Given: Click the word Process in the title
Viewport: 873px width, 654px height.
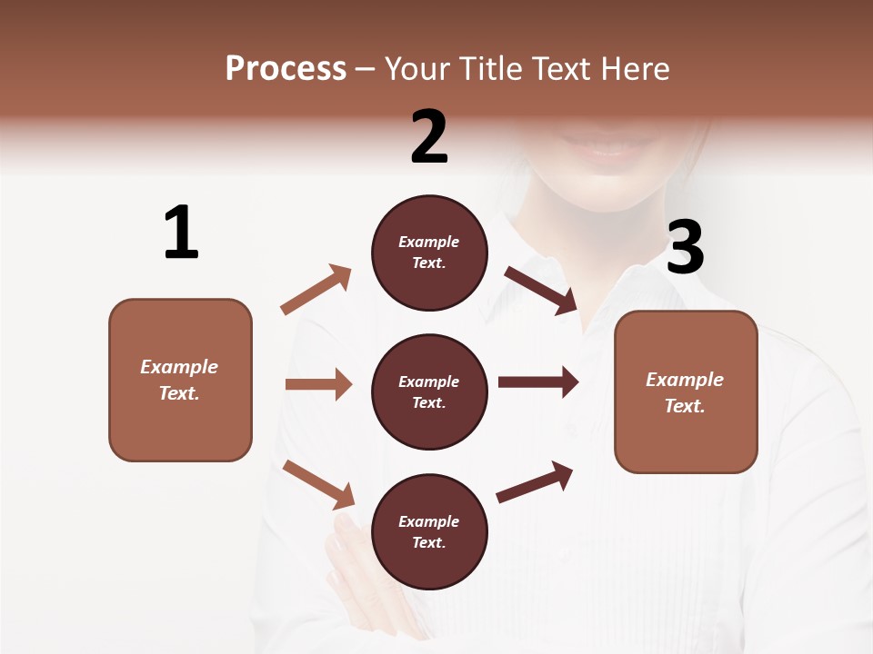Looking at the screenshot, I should click(x=286, y=69).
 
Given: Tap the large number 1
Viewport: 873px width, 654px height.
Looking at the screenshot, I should click(x=181, y=233).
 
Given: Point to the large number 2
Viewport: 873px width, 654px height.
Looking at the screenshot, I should click(x=429, y=136).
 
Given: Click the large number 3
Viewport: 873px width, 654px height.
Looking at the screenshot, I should click(x=685, y=247).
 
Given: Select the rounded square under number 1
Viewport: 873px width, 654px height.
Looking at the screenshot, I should click(x=180, y=380).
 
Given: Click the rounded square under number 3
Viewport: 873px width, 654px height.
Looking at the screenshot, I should click(x=686, y=391).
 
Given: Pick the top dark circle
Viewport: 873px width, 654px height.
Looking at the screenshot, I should click(x=429, y=253).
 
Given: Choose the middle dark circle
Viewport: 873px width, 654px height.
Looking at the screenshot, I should click(x=429, y=391).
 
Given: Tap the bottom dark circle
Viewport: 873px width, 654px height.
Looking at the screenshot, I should click(x=429, y=531).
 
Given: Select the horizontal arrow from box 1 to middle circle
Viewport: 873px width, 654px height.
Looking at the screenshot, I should click(x=318, y=384).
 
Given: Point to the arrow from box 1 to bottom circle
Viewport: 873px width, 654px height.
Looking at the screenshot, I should click(x=318, y=483).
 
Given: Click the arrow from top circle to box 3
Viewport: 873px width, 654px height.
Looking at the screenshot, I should click(x=542, y=290).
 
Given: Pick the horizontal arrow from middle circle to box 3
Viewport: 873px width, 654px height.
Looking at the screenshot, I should click(x=537, y=381).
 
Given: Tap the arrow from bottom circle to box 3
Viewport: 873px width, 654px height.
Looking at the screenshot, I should click(x=535, y=482).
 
